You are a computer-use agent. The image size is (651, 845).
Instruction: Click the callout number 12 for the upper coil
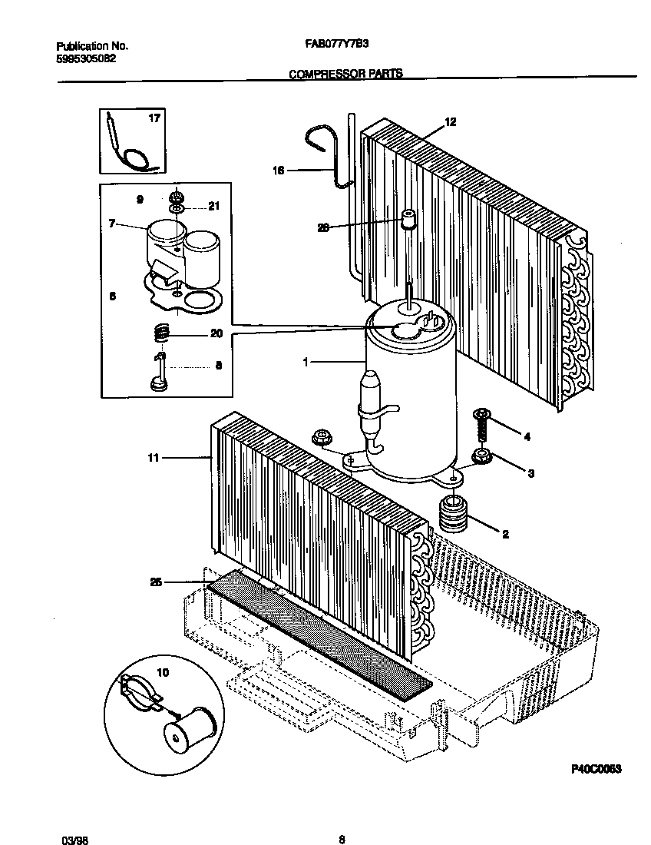(x=451, y=122)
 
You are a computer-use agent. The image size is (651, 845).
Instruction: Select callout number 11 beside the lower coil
(x=153, y=458)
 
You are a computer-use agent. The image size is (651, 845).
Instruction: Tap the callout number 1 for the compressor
(x=306, y=360)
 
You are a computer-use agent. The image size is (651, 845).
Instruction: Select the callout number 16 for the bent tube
(x=279, y=171)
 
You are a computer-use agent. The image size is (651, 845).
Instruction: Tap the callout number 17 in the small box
(x=154, y=118)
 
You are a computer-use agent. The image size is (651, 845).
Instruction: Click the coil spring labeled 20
(x=160, y=333)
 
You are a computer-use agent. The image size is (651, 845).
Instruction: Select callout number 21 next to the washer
(x=213, y=207)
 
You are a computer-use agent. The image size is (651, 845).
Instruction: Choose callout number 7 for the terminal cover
(x=112, y=224)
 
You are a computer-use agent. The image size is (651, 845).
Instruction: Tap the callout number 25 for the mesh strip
(x=156, y=582)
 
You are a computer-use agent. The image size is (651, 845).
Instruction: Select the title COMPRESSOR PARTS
(x=345, y=75)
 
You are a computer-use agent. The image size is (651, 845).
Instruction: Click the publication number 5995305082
(x=87, y=58)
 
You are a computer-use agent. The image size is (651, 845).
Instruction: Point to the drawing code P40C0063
(x=595, y=768)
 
